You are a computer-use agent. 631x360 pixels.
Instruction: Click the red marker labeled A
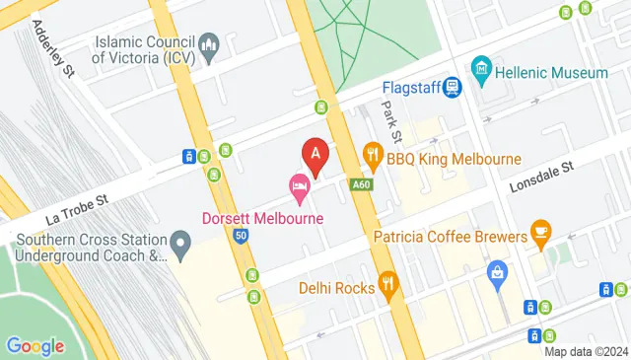click(315, 154)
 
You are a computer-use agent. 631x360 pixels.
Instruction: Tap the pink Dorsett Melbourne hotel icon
click(298, 185)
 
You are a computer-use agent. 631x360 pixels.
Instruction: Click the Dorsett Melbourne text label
click(263, 217)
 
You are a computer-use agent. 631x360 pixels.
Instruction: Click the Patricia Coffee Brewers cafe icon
click(540, 231)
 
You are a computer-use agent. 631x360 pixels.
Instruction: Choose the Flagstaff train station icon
click(453, 87)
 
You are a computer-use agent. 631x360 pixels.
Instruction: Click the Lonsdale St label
click(540, 180)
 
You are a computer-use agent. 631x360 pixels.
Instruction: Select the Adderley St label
click(53, 49)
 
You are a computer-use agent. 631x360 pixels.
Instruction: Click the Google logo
click(35, 345)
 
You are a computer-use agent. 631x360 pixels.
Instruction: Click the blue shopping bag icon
click(499, 270)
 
